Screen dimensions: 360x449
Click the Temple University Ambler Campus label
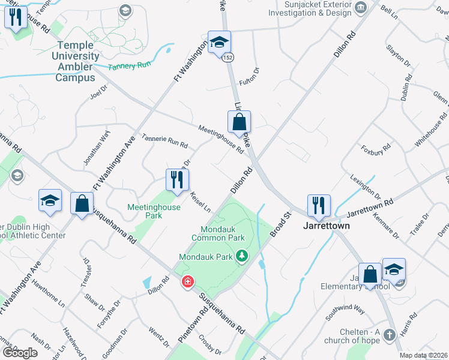pos(76,61)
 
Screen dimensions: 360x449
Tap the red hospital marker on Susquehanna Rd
pos(188,281)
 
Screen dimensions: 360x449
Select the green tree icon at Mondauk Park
pos(242,256)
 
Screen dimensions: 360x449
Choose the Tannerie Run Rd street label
pos(164,141)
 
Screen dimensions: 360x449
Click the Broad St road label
pos(280,223)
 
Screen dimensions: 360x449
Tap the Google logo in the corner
pos(20,353)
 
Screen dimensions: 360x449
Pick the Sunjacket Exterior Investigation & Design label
pos(317,8)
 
